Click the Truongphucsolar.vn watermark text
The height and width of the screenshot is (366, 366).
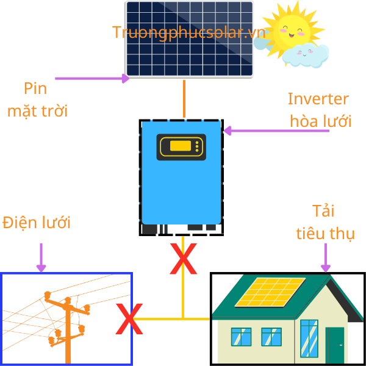click(x=188, y=32)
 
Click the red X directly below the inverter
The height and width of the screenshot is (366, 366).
click(x=183, y=259)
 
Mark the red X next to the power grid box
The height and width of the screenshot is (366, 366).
click(x=129, y=320)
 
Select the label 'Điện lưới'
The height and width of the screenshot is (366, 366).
click(x=37, y=223)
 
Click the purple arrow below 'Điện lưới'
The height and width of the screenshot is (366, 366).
click(x=41, y=257)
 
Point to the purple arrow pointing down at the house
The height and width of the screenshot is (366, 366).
click(x=326, y=257)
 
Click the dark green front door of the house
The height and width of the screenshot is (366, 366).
click(x=335, y=345)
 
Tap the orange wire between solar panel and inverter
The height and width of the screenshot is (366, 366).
click(x=184, y=98)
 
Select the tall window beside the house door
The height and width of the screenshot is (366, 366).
click(x=309, y=339)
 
